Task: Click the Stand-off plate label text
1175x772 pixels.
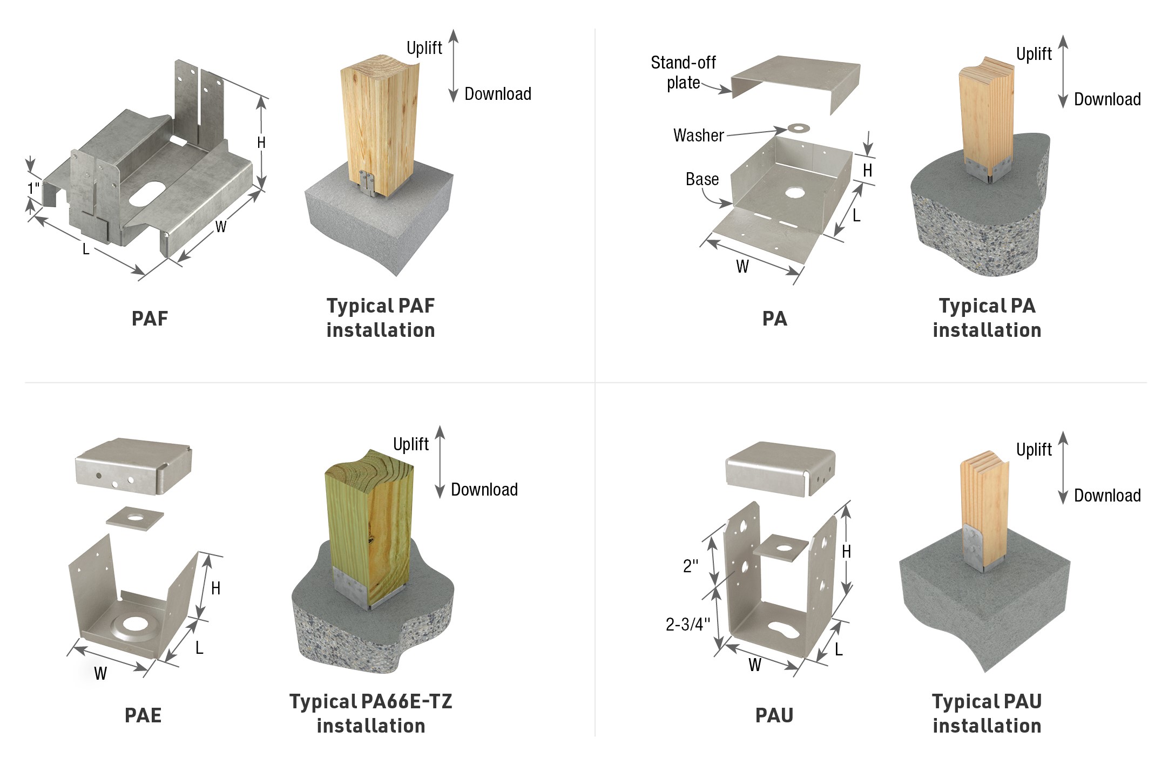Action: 683,72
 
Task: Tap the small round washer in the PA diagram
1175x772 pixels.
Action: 799,128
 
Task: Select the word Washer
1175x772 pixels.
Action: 698,136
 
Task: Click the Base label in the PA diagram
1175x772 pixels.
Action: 702,179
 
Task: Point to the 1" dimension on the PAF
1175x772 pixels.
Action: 33,188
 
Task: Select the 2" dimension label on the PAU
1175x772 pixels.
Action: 691,566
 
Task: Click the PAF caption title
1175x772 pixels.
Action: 150,319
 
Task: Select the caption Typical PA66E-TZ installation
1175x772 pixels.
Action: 371,713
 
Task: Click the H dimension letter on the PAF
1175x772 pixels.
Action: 261,143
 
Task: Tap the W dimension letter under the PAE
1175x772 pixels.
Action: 100,673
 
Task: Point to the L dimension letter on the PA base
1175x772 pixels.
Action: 856,216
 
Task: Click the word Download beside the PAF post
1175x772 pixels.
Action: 498,94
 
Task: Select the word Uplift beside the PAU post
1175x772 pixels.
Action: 1034,450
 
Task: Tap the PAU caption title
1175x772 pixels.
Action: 774,715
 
